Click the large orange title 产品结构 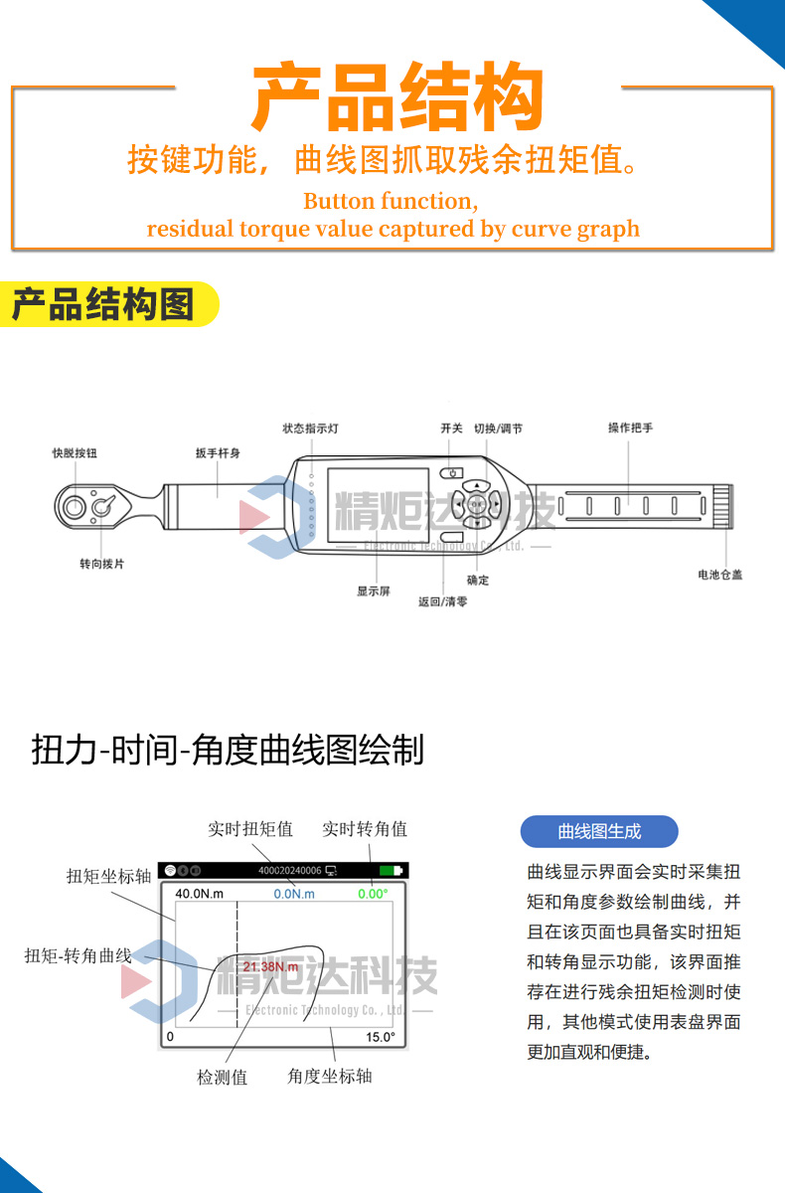pos(397,96)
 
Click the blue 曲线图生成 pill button pos(599,831)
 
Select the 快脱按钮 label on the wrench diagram pos(75,453)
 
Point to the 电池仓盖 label pos(720,575)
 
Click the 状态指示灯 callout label pos(310,428)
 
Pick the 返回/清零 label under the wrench pos(442,601)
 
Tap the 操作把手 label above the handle pos(630,427)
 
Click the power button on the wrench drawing pos(452,473)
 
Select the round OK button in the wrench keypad pos(477,504)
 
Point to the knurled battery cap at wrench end pos(723,506)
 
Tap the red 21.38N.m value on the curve pos(270,966)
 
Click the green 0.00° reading pos(373,894)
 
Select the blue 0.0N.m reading pos(294,894)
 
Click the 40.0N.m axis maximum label pos(200,893)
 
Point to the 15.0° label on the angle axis pos(381,1037)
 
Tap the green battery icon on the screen pos(392,870)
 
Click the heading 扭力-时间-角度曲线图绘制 pos(228,750)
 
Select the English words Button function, pos(391,201)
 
